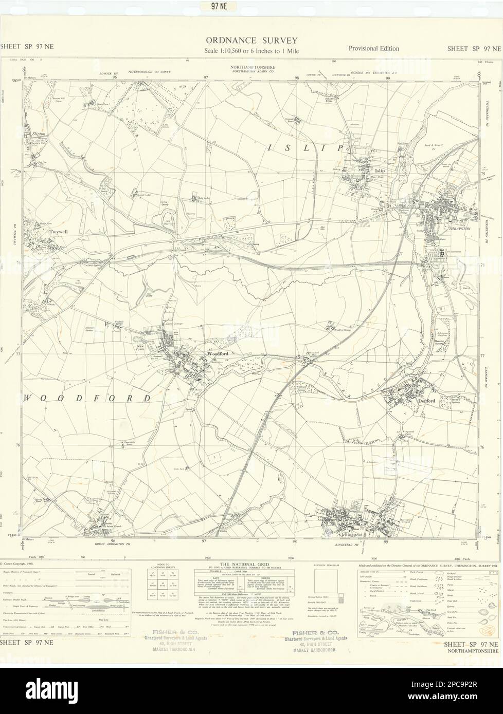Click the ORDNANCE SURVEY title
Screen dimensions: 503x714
pyautogui.click(x=251, y=40)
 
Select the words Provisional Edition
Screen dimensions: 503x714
pyautogui.click(x=373, y=48)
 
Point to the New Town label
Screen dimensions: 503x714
pyautogui.click(x=142, y=348)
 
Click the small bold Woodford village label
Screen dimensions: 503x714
pyautogui.click(x=214, y=354)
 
